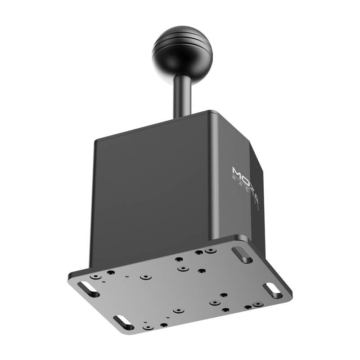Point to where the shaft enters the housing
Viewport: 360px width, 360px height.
tap(183, 116)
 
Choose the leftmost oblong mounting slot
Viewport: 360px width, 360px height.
tap(88, 289)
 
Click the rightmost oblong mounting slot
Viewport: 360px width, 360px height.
tap(273, 290)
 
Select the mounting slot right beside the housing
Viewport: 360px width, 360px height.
tap(242, 255)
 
